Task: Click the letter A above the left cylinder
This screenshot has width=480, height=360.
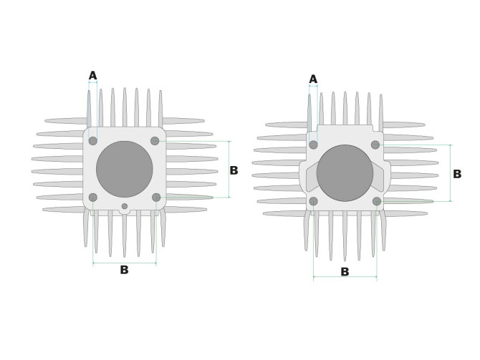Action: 92,75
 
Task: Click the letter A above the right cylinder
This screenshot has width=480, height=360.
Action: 313,79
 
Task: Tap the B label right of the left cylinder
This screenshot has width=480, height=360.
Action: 234,170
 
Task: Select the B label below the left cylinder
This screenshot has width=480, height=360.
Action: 124,270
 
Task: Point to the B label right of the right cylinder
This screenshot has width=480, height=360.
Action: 457,174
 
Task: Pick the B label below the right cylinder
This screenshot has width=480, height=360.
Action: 345,271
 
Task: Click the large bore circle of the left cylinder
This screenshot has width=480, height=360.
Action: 124,169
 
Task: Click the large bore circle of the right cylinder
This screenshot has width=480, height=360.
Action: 345,173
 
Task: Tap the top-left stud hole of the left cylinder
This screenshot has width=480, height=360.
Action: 93,141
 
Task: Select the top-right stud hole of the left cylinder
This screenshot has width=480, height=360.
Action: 155,141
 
